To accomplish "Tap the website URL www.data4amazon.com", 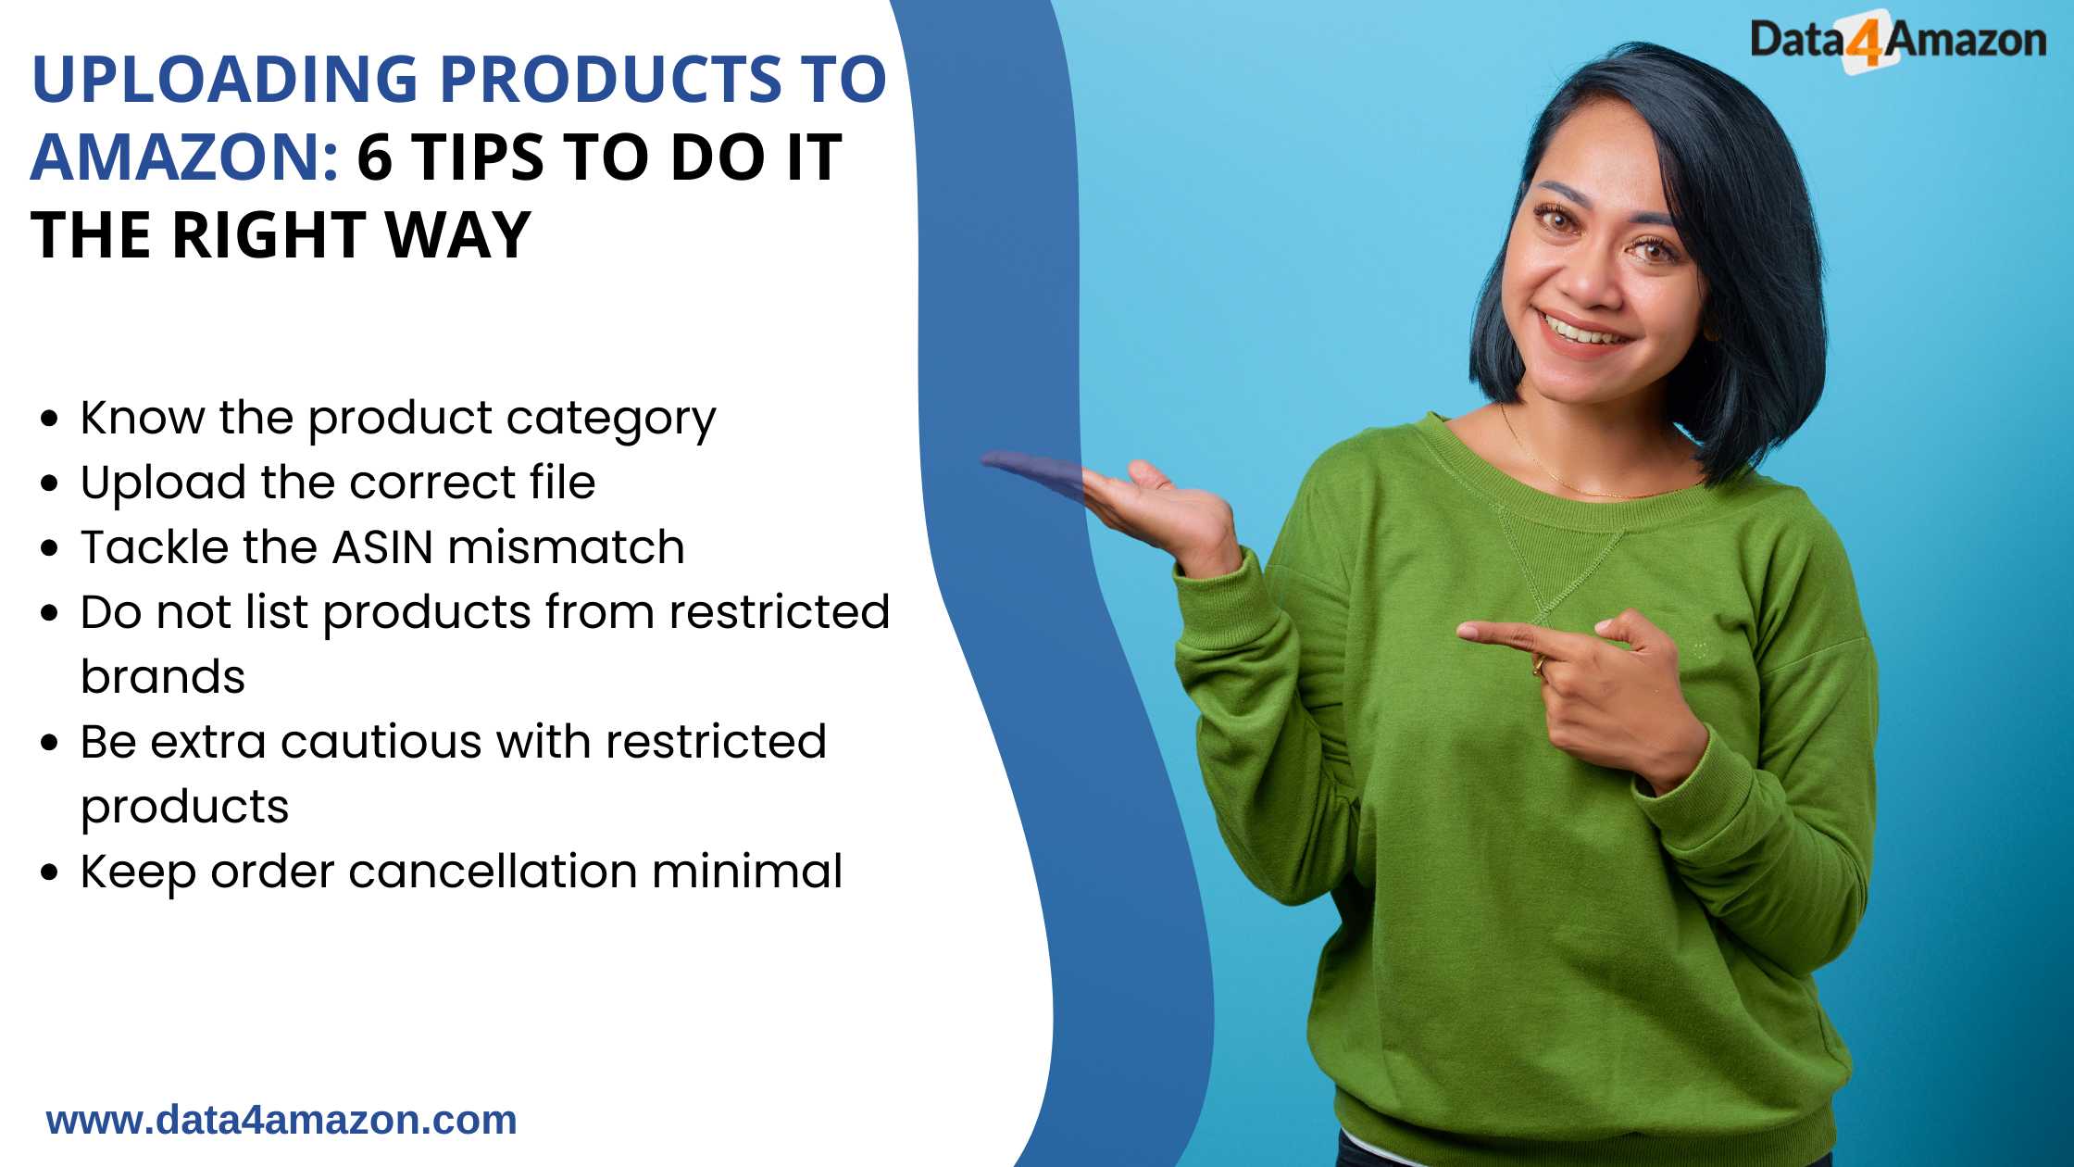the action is tap(281, 1120).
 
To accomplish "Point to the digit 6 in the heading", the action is tap(375, 157).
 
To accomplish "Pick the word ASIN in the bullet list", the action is tap(382, 547).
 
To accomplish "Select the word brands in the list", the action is tap(163, 676).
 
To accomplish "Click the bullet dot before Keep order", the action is tap(50, 872).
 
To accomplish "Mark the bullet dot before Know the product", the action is tap(50, 419).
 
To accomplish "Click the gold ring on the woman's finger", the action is tap(1538, 664).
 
